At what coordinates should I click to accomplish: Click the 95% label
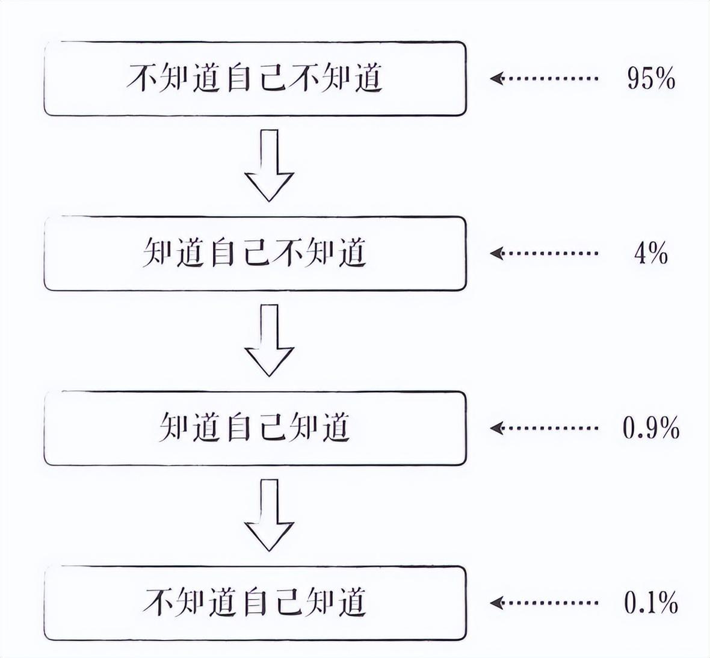pos(650,78)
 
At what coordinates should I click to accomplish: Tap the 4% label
pos(650,253)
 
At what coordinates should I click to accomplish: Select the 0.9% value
pos(651,428)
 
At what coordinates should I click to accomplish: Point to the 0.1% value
pos(651,602)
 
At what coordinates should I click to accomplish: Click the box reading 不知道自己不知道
pos(255,78)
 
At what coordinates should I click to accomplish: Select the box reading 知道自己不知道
pos(255,253)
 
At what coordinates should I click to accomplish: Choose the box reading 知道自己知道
pos(255,428)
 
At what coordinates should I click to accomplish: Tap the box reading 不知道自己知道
pos(255,602)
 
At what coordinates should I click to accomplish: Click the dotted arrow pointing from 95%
pos(544,78)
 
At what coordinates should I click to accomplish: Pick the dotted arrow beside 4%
pos(544,253)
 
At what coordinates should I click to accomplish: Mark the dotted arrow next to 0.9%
pos(544,428)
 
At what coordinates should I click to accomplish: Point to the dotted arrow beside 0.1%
pos(544,602)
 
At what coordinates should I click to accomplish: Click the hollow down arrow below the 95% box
pos(269,165)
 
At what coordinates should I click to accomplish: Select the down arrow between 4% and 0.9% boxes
pos(269,340)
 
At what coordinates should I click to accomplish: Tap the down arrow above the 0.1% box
pos(269,515)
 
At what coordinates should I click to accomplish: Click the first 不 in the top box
pos(142,78)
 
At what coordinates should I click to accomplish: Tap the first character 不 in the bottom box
pos(158,602)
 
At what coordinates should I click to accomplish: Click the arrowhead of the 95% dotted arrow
pos(496,78)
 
